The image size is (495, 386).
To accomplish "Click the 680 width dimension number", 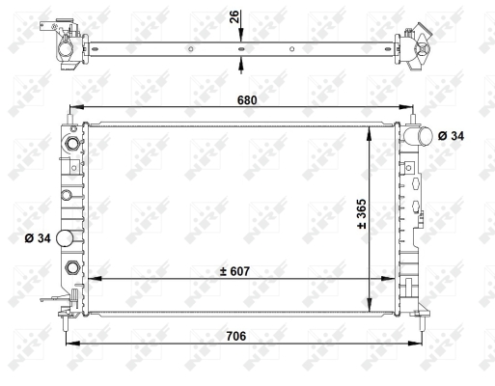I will point(248,99).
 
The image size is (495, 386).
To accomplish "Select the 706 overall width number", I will point(236,336).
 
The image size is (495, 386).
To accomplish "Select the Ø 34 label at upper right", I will point(450,136).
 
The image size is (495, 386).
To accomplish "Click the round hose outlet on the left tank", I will point(67,239).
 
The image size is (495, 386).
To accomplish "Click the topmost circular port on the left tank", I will point(69,145).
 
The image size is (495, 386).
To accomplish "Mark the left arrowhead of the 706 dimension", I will point(69,345).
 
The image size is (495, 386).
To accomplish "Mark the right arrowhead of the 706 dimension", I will point(420,345).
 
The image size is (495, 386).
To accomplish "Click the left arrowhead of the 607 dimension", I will point(92,279).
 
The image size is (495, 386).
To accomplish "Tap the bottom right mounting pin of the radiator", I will point(422,311).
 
